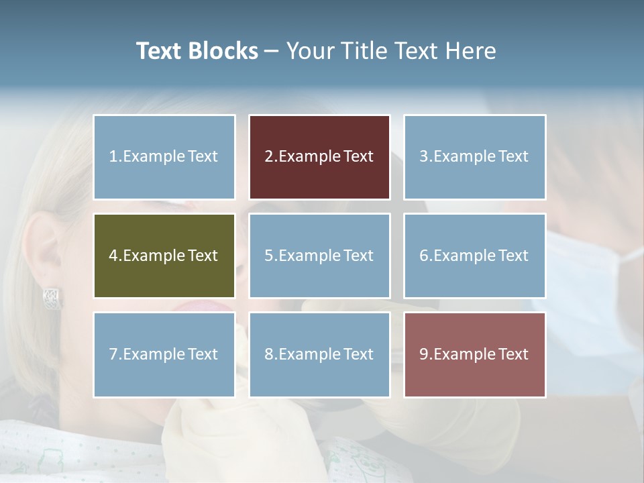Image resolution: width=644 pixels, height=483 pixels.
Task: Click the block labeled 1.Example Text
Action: tap(164, 157)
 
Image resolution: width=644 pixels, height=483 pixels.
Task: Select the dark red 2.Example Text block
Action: tap(319, 157)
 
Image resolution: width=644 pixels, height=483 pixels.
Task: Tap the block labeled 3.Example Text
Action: tap(474, 157)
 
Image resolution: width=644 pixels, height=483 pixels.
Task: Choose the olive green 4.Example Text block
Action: tap(164, 256)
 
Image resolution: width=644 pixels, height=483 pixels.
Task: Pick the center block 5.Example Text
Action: tap(319, 256)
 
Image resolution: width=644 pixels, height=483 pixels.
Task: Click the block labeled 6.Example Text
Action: tap(474, 256)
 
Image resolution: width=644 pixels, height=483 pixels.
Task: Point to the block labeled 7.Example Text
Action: tap(164, 354)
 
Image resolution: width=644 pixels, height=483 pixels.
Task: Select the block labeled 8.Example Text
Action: tap(319, 354)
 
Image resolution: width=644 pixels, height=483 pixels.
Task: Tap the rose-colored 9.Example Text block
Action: tap(474, 354)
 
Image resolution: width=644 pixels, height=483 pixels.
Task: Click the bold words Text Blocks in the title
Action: tap(197, 51)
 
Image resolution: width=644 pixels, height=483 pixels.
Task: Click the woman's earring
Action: tap(52, 298)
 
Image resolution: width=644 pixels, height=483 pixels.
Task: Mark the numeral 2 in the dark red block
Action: tap(268, 157)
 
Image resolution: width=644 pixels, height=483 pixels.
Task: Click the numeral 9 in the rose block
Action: tap(424, 354)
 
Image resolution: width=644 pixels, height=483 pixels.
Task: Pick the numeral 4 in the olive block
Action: tap(113, 256)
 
